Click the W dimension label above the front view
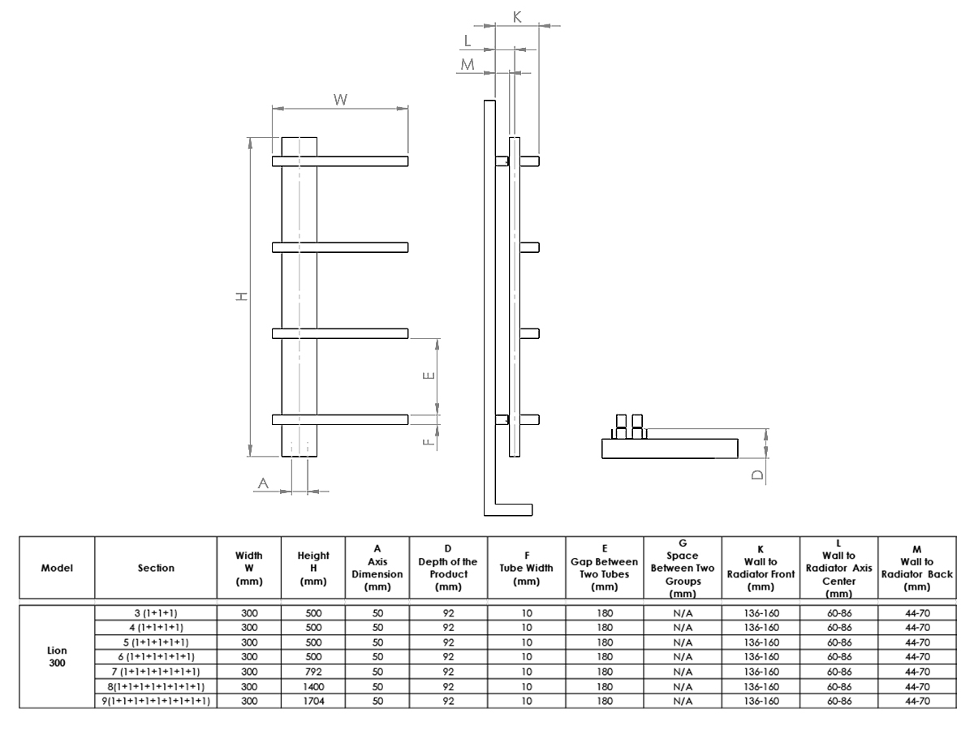click(341, 98)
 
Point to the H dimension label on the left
click(241, 298)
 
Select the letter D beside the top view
click(757, 474)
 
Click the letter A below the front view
click(263, 483)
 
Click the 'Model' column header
click(55, 568)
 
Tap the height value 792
click(313, 671)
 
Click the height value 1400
click(313, 686)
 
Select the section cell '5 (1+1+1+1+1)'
click(155, 642)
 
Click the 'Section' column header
click(155, 568)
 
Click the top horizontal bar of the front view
click(341, 161)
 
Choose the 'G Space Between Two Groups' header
click(682, 568)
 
